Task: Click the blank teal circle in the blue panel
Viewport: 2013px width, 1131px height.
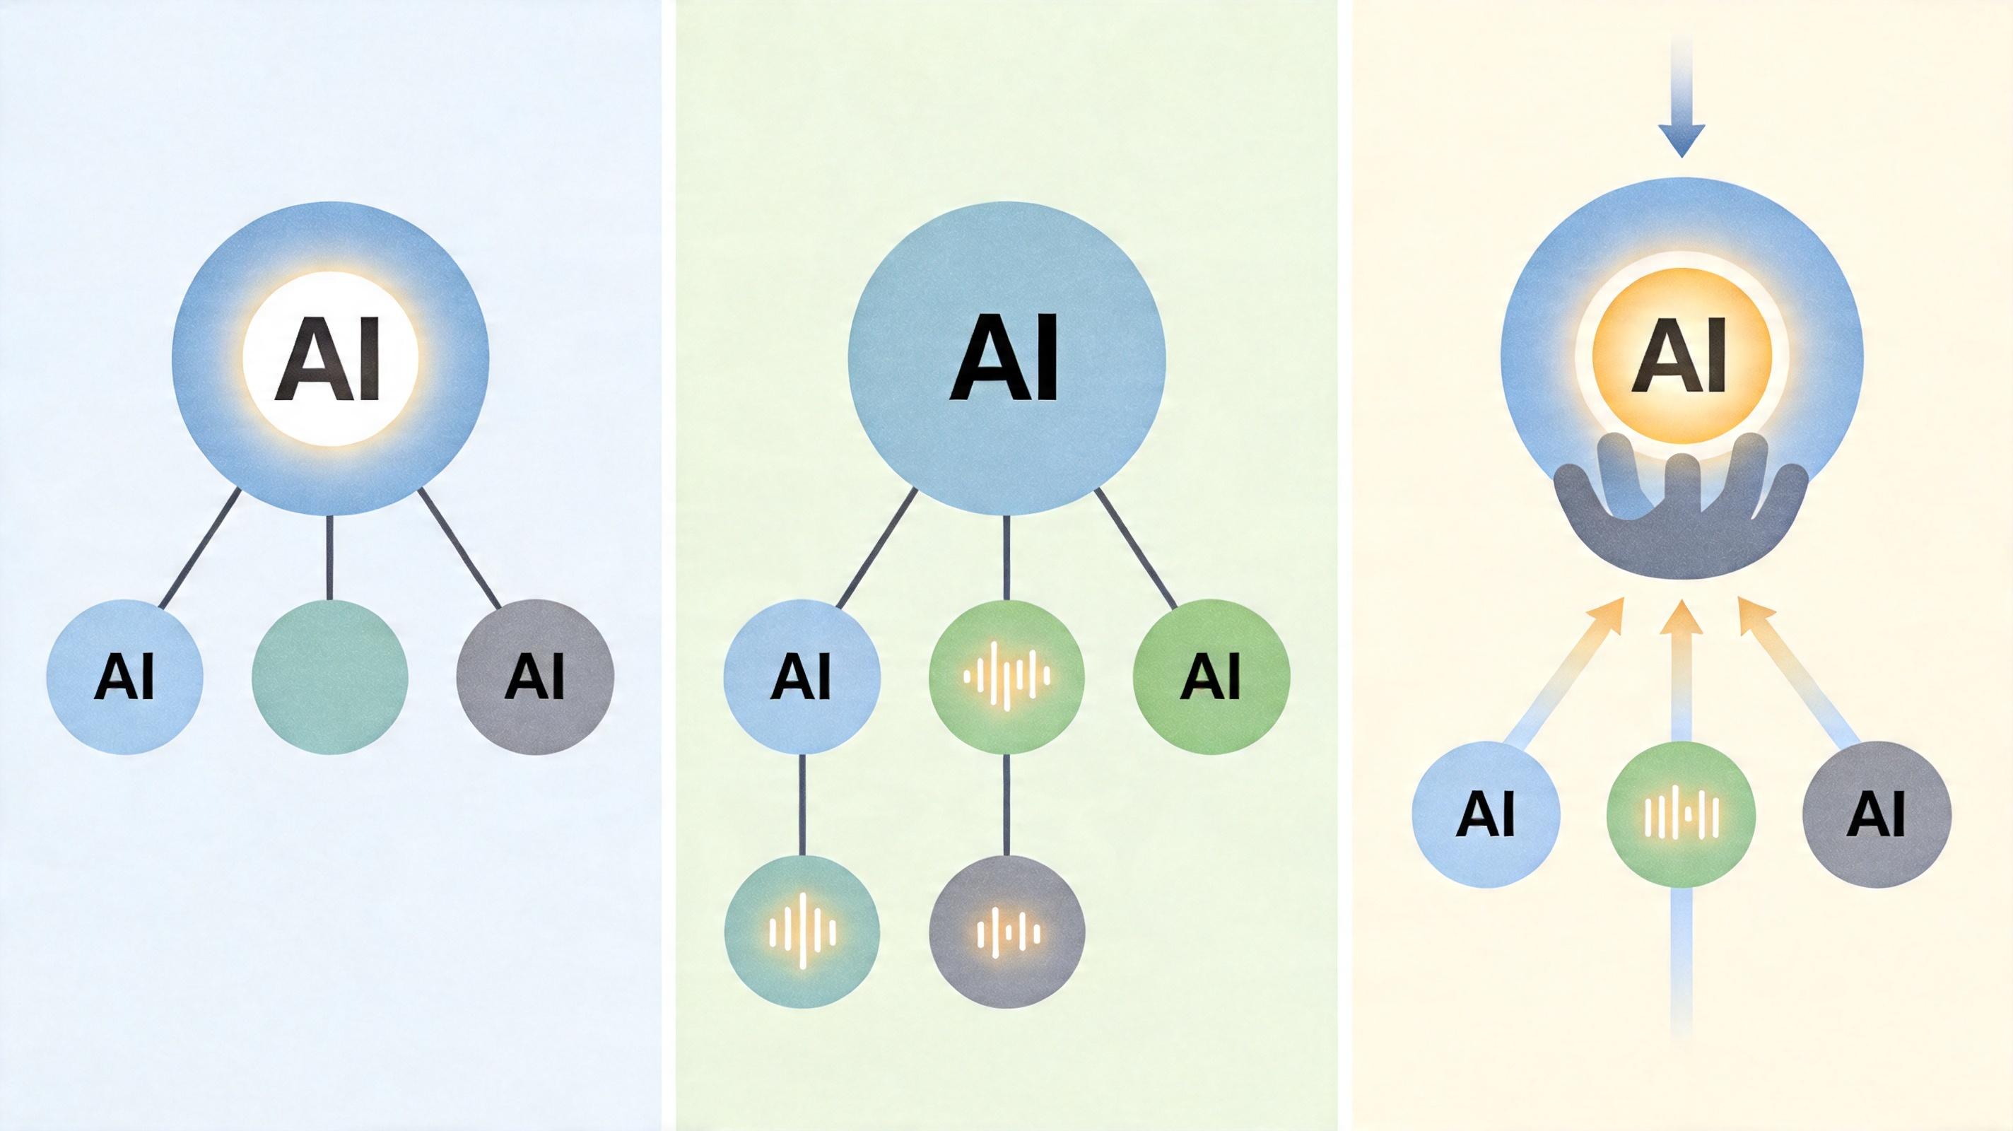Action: [x=330, y=677]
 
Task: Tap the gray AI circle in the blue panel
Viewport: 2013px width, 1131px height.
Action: [x=535, y=677]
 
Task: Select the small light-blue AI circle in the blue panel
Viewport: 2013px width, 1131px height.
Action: [x=125, y=677]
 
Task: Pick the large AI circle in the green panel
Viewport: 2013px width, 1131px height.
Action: [x=1006, y=360]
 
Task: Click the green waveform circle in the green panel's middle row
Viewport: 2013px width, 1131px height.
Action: [x=1006, y=677]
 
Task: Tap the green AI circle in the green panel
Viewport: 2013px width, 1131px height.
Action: [x=1211, y=677]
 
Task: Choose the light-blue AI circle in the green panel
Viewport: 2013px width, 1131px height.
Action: [x=802, y=677]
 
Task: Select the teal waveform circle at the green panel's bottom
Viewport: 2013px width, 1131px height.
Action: [x=802, y=932]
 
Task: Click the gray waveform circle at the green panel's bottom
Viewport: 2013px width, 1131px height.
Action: [x=1007, y=932]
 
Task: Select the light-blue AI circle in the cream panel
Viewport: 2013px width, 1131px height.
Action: [x=1486, y=814]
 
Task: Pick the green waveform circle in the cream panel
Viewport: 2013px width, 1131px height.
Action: [x=1681, y=814]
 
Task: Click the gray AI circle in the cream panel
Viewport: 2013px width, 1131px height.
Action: [x=1877, y=814]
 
